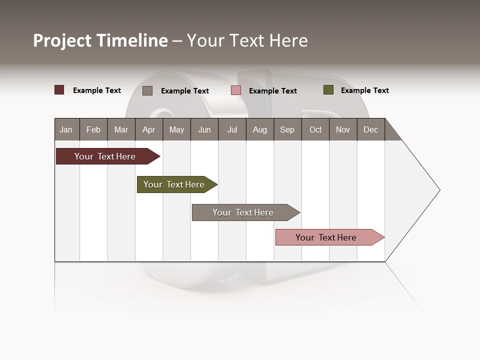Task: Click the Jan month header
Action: point(66,129)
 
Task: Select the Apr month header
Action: point(149,129)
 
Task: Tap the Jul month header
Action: point(232,129)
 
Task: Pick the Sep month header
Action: point(287,129)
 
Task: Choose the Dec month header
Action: point(370,129)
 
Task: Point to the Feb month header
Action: point(93,129)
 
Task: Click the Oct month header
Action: point(315,129)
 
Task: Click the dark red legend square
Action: point(59,90)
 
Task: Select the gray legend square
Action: point(147,90)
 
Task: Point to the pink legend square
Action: point(236,90)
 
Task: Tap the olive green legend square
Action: point(328,90)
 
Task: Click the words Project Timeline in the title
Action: point(100,40)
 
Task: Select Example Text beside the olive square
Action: point(364,90)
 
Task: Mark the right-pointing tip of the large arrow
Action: point(438,190)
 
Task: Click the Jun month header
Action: point(204,129)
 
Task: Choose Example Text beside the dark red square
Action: point(97,90)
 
